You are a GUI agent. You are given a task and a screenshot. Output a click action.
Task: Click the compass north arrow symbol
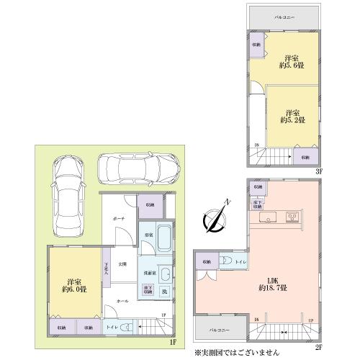point(214,216)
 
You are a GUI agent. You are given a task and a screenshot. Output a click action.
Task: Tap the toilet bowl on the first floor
point(125,327)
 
